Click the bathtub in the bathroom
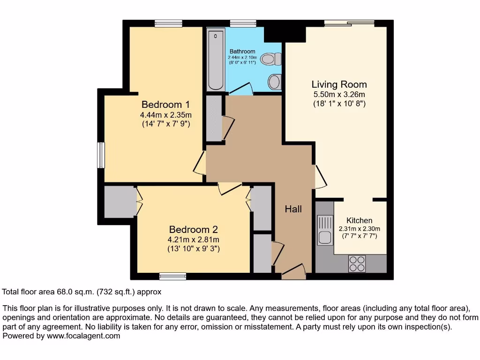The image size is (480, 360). (216, 60)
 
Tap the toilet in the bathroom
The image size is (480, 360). (270, 59)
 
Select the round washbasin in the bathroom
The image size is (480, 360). (275, 81)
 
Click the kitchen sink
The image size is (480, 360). (324, 230)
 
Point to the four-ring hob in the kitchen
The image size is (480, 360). (357, 263)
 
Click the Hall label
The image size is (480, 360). (293, 209)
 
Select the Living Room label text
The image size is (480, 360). (339, 84)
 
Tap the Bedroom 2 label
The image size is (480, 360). (194, 230)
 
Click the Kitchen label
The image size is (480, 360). (360, 220)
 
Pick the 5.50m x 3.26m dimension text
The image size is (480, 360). (339, 95)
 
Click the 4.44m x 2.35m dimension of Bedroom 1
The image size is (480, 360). (165, 115)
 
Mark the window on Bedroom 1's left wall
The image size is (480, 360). (100, 155)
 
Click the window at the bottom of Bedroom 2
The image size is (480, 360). (169, 276)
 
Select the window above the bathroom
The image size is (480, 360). (243, 23)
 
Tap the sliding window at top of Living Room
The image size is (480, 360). (349, 22)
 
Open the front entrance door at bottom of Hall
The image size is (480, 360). (294, 271)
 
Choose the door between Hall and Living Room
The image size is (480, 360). (320, 177)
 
